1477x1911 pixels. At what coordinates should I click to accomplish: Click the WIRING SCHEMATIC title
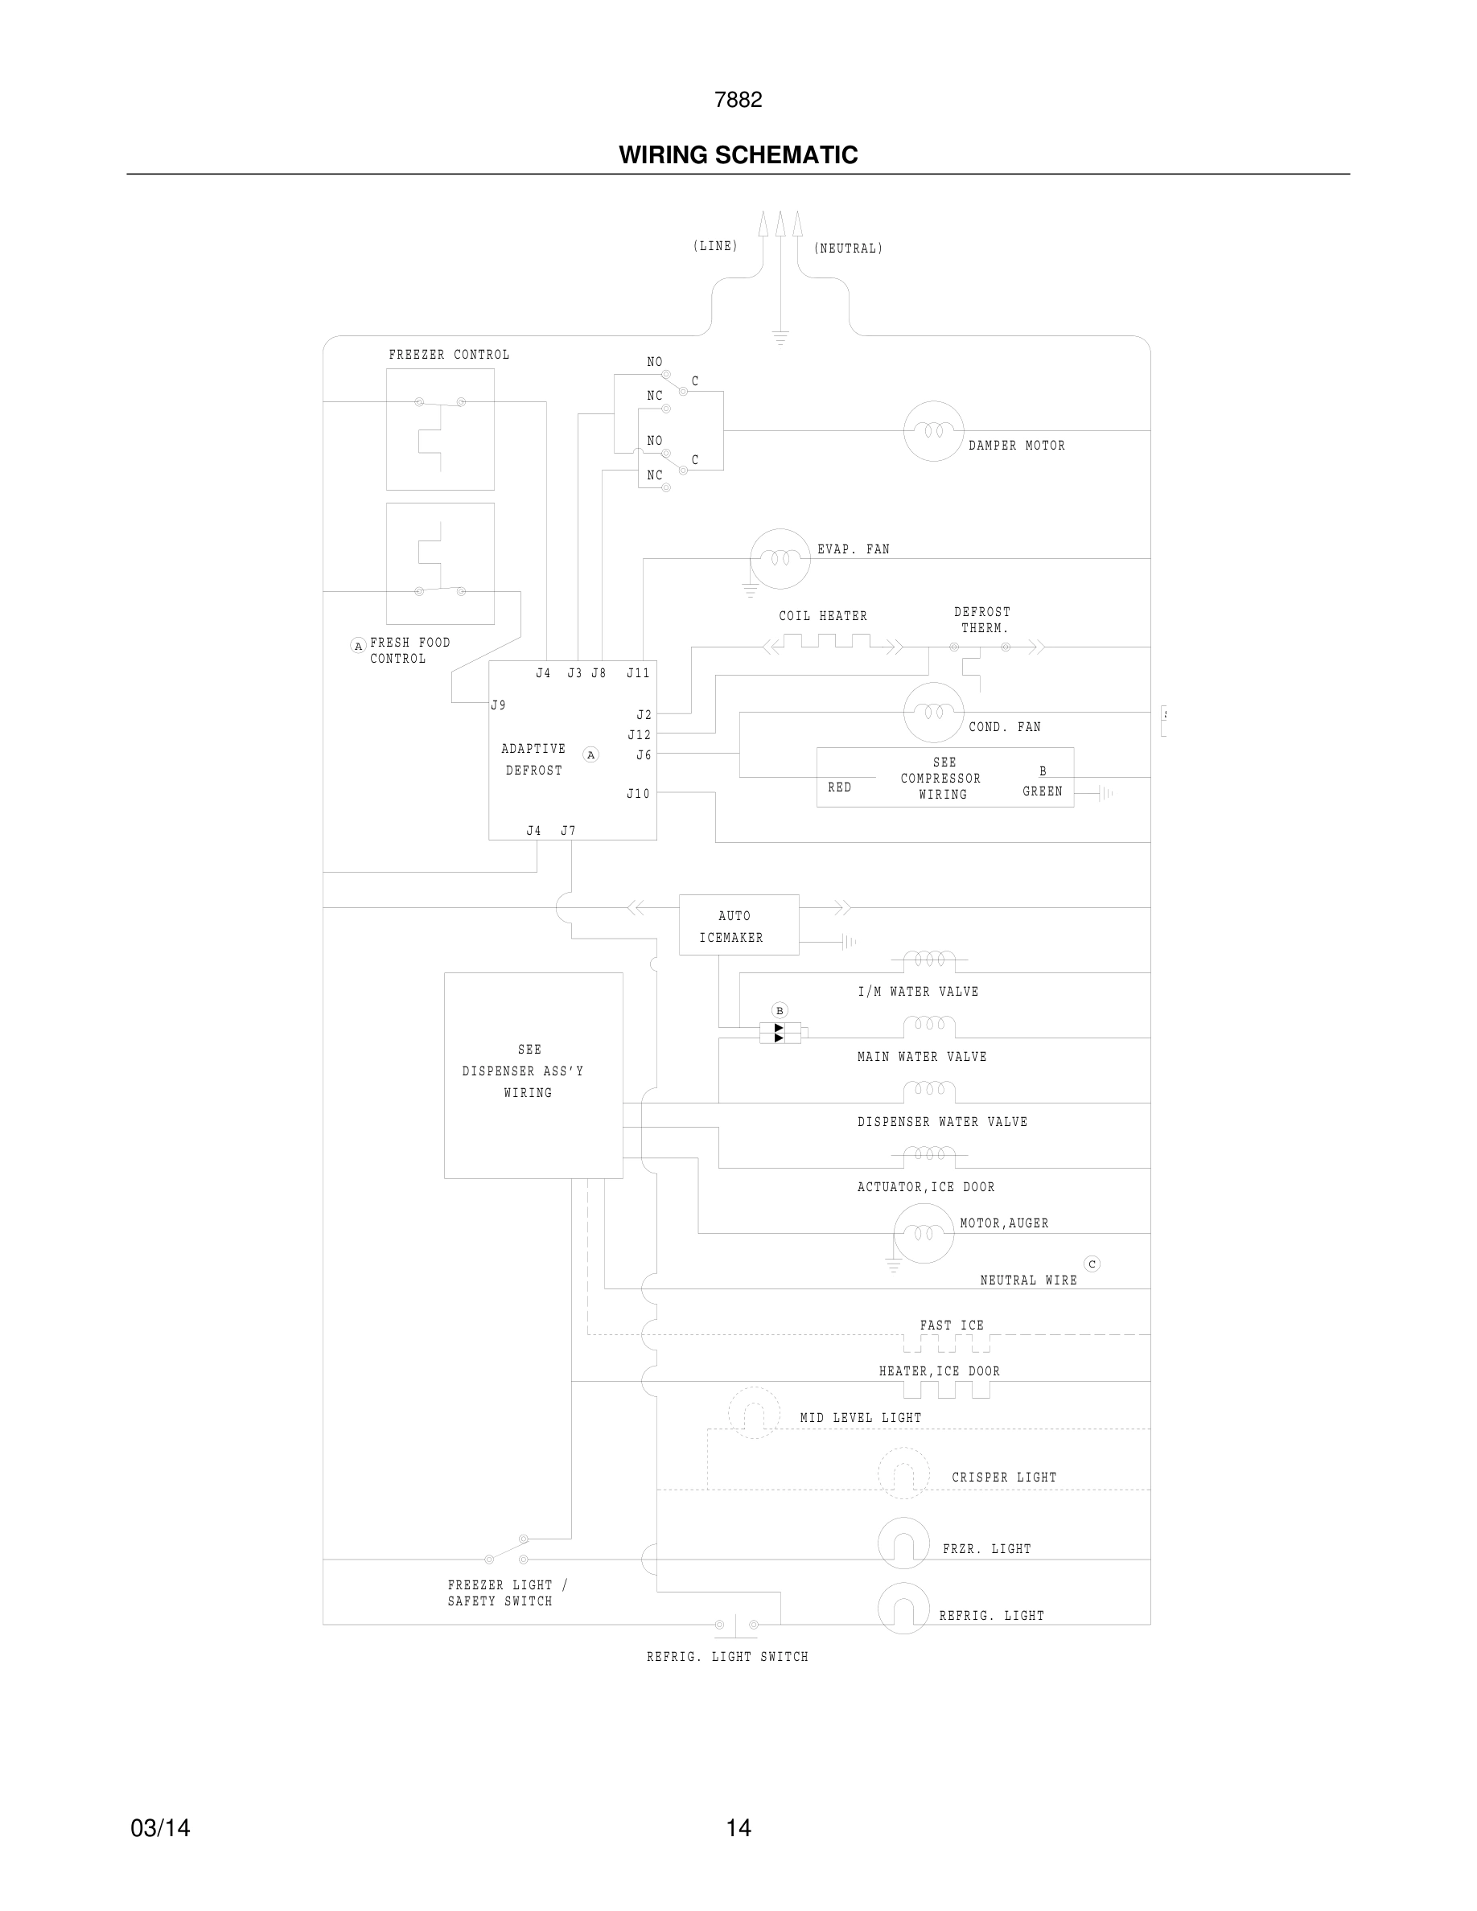click(x=738, y=155)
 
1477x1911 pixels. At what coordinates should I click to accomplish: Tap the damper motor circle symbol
click(x=932, y=430)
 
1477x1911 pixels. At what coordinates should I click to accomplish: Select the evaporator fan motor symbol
click(x=780, y=558)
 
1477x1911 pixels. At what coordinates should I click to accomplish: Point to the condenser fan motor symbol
click(x=932, y=713)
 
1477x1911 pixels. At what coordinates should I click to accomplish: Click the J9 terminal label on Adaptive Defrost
click(x=498, y=705)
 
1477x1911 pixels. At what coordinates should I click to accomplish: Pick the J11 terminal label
click(x=638, y=673)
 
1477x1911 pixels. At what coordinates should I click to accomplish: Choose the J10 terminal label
click(x=638, y=794)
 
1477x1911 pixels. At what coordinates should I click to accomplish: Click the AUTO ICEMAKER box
click(x=738, y=925)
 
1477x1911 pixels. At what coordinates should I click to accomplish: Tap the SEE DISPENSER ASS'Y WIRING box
click(x=533, y=1075)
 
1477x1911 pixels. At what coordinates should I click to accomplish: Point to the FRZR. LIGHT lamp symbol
click(x=903, y=1543)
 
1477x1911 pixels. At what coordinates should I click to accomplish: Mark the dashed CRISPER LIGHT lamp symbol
click(x=903, y=1473)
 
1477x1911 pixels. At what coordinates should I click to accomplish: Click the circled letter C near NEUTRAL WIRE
click(x=1091, y=1264)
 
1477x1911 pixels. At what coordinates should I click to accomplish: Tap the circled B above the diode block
click(x=780, y=1011)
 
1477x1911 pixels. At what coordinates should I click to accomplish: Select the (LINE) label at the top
click(x=715, y=246)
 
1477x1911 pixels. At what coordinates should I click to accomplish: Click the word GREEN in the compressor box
click(x=1042, y=791)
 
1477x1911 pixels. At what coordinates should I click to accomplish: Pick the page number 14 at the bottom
click(x=738, y=1828)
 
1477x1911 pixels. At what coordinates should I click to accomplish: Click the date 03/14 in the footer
click(x=160, y=1828)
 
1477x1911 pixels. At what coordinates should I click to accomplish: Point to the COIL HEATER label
click(x=822, y=616)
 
